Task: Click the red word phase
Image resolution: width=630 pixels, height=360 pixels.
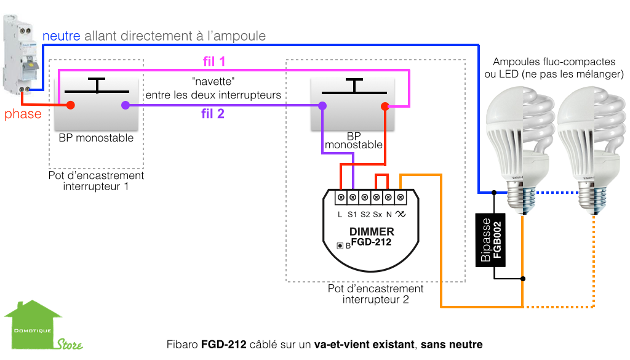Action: [x=23, y=114]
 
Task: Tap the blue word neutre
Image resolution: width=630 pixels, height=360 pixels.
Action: [x=62, y=36]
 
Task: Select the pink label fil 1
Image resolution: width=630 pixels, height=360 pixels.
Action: [x=214, y=62]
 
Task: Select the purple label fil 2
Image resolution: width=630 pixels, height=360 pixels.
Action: [x=213, y=114]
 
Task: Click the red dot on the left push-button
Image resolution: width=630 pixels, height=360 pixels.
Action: [x=71, y=105]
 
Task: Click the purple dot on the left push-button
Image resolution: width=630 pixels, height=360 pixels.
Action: [x=126, y=105]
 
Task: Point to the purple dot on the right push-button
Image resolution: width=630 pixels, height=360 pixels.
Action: [x=322, y=106]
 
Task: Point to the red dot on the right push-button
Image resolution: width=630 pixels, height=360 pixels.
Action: [x=385, y=106]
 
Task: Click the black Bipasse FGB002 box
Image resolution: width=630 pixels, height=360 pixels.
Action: [x=492, y=239]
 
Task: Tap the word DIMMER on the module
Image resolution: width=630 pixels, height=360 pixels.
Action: [x=372, y=232]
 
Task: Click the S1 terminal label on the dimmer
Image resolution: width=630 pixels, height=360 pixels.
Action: [x=352, y=214]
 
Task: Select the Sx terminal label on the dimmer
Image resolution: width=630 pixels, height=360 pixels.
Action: [x=377, y=214]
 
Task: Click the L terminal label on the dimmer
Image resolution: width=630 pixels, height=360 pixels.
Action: [x=340, y=214]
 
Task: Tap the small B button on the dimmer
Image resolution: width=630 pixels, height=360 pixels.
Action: [x=340, y=246]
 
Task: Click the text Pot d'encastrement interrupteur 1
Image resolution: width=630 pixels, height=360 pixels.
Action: [x=96, y=180]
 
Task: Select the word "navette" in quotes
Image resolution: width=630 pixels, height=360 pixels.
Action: [x=213, y=82]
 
